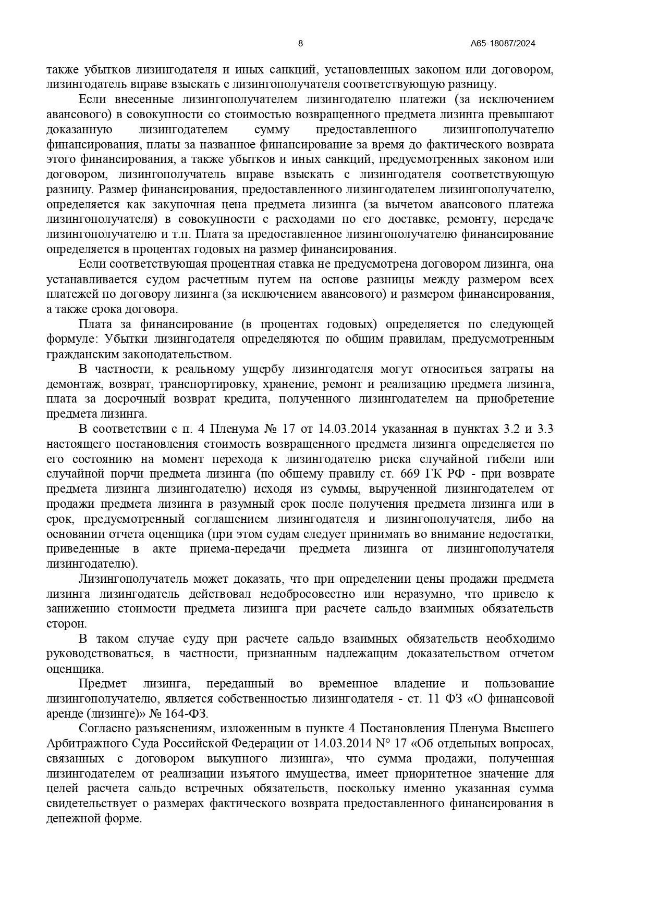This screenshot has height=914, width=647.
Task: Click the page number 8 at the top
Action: click(300, 44)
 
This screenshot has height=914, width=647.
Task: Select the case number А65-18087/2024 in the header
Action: click(503, 44)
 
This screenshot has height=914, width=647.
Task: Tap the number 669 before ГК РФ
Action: click(407, 474)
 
